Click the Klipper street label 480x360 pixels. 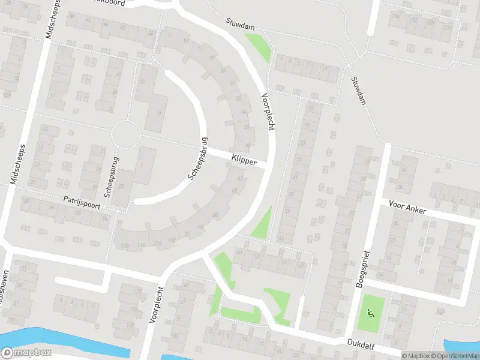[x=243, y=160]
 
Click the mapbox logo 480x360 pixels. [x=26, y=353]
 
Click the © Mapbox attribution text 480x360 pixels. [x=416, y=356]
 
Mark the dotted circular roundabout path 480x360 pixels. [x=126, y=133]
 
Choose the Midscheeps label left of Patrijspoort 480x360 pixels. [x=19, y=163]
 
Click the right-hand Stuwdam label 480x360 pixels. [x=359, y=90]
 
